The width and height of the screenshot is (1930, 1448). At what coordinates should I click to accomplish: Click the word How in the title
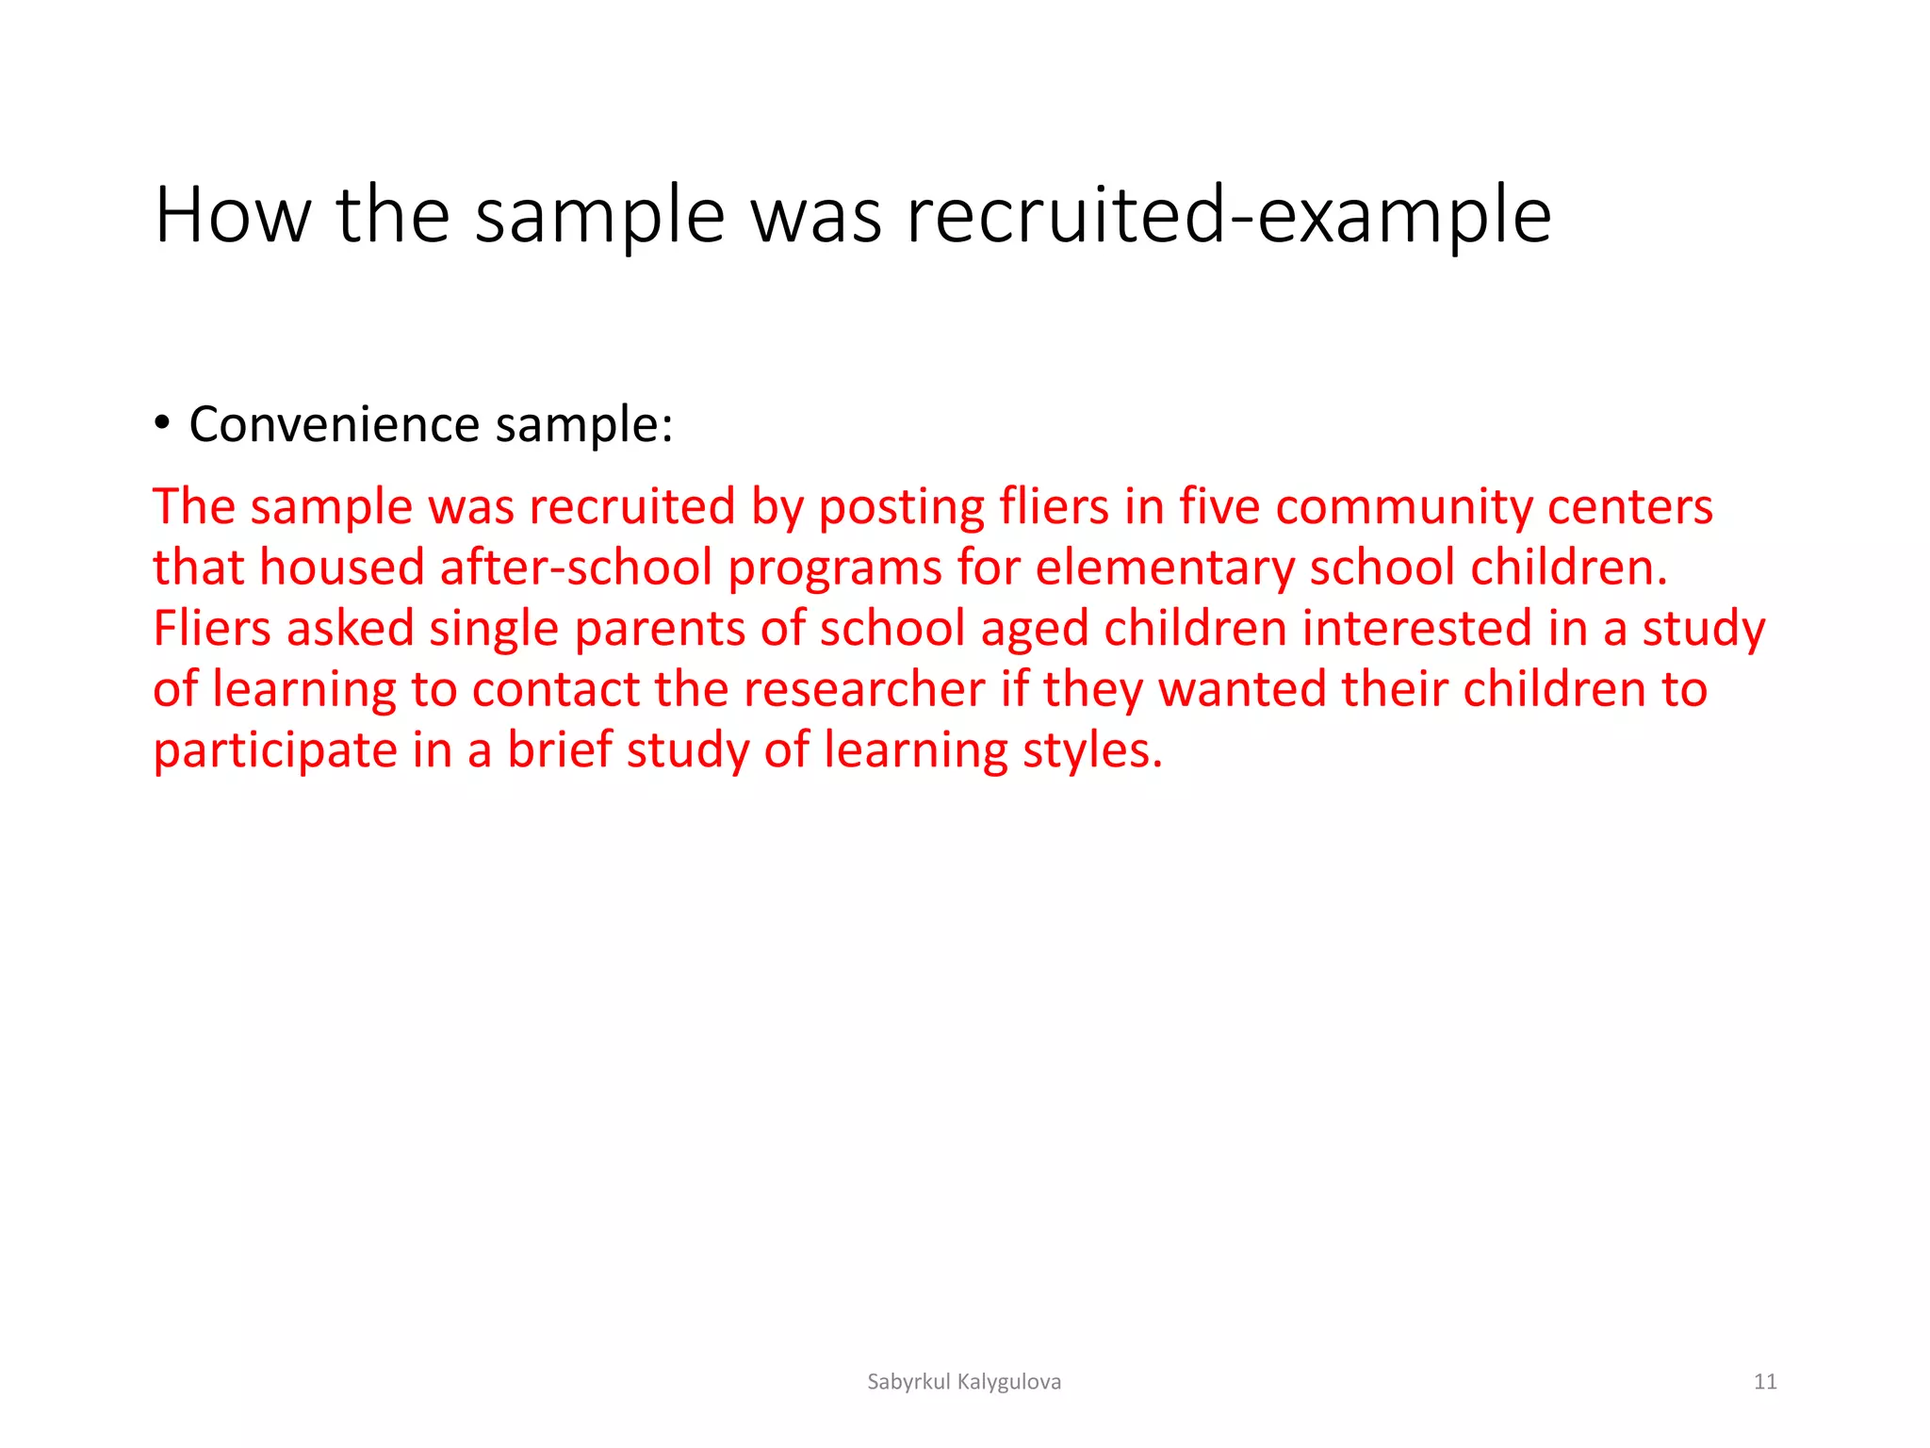click(x=233, y=216)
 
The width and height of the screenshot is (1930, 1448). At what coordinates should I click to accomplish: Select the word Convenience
click(x=335, y=424)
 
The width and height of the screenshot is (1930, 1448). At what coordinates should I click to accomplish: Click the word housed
click(x=341, y=568)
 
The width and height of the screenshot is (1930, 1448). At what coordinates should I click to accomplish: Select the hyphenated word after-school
click(x=576, y=568)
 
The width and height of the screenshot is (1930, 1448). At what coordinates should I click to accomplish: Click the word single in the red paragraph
click(x=494, y=629)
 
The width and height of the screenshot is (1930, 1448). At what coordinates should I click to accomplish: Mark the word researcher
click(x=864, y=689)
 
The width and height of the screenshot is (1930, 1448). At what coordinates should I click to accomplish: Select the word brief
click(x=560, y=750)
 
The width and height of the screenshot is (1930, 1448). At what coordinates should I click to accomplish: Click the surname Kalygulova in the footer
click(x=1008, y=1382)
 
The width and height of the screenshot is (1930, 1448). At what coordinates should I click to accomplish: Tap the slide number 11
click(x=1764, y=1382)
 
